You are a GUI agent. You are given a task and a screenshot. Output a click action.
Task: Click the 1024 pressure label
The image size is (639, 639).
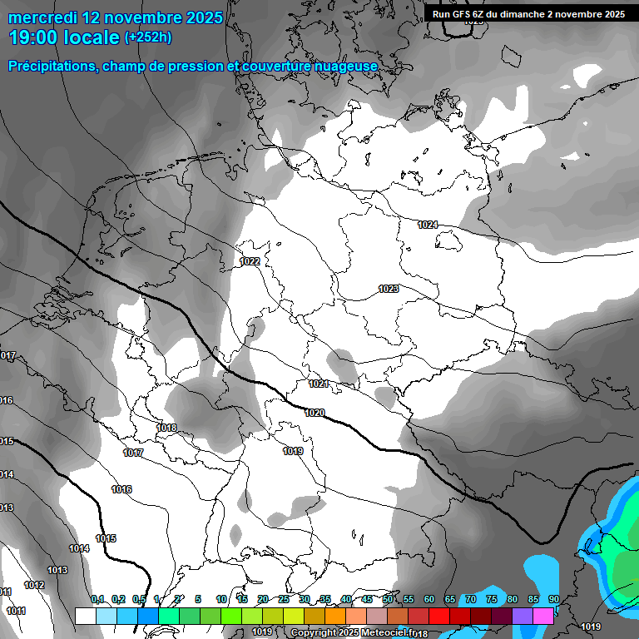coord(428,225)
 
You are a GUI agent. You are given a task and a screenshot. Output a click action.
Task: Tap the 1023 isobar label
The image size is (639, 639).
coord(388,290)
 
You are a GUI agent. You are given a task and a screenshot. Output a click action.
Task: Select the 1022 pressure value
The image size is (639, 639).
coord(250,262)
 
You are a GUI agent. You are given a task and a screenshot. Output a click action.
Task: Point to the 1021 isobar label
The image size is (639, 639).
coord(319,384)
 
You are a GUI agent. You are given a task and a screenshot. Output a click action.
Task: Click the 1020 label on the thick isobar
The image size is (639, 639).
coord(315,414)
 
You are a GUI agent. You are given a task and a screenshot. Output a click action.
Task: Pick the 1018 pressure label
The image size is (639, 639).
coord(166,428)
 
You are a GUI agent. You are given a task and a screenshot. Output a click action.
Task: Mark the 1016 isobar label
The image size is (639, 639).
coord(121,490)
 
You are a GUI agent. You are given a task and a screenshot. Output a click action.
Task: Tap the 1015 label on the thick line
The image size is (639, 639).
coord(106,539)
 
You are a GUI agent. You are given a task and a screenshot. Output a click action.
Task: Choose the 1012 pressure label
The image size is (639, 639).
coord(34,586)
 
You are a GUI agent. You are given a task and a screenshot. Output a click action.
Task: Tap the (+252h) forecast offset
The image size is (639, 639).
coord(148,37)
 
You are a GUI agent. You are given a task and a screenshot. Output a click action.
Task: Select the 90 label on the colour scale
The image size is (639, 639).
coord(553,600)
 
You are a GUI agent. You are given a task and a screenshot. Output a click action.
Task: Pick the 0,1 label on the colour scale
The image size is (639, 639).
coord(97,600)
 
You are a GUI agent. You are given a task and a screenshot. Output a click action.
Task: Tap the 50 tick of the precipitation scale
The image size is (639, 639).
coord(388,600)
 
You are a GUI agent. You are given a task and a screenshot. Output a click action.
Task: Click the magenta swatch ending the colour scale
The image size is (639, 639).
coord(543,616)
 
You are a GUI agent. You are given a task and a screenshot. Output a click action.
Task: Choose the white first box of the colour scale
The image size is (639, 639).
coord(85,616)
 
